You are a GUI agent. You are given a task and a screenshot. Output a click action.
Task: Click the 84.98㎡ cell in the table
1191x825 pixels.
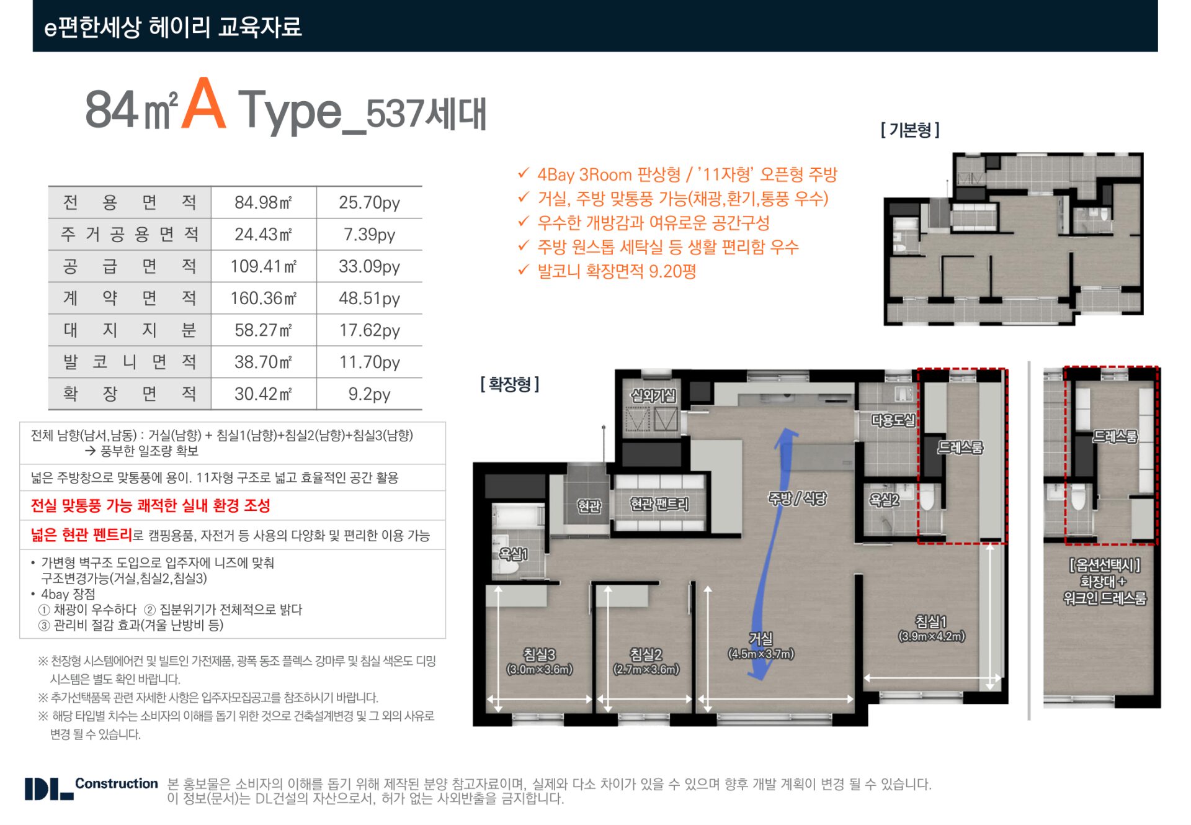[263, 202]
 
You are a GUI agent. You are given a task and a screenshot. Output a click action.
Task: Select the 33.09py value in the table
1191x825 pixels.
[369, 266]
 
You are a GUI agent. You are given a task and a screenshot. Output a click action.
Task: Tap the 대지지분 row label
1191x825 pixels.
[130, 330]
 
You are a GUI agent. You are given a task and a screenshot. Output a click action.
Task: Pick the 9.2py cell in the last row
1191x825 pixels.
[369, 394]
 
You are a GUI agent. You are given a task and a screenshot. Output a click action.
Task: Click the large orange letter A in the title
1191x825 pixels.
[203, 106]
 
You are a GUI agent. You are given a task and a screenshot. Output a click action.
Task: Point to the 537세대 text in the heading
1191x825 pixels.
[426, 114]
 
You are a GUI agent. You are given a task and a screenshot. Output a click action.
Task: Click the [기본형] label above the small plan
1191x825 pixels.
[910, 130]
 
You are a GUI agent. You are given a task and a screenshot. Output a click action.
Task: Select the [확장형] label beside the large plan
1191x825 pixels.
[509, 384]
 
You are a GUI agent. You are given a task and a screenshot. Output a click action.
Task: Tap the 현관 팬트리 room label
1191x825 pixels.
[659, 504]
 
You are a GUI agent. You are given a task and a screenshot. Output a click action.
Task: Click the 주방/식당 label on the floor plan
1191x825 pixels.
[797, 498]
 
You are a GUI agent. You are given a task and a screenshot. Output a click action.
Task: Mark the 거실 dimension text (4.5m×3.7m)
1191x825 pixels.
[761, 654]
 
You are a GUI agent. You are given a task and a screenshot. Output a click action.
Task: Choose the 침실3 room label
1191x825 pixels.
[539, 654]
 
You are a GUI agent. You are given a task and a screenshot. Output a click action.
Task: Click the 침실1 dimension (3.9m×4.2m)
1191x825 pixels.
[931, 636]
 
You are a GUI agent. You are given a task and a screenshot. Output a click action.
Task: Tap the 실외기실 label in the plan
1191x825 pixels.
[653, 395]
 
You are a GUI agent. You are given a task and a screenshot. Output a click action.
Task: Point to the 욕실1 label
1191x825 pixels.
[513, 554]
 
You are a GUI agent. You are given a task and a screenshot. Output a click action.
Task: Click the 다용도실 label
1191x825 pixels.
[893, 420]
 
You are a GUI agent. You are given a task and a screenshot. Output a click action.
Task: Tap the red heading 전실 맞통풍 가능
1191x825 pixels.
[151, 505]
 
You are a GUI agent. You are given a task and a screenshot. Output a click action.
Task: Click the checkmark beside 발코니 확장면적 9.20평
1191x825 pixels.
[524, 270]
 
